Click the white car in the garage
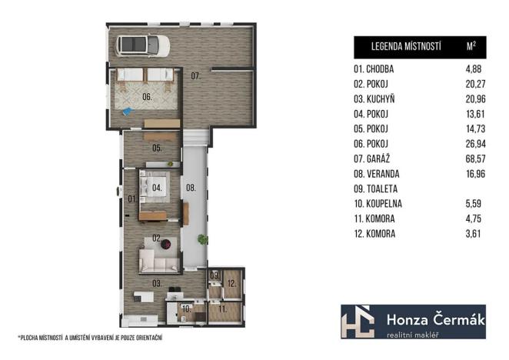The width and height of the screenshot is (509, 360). [143, 45]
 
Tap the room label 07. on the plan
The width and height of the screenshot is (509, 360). [196, 75]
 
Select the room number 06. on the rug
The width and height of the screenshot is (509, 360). [147, 98]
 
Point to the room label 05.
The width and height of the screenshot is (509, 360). [156, 147]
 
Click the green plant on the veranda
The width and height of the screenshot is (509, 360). [201, 239]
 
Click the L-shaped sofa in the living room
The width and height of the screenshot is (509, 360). [158, 262]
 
